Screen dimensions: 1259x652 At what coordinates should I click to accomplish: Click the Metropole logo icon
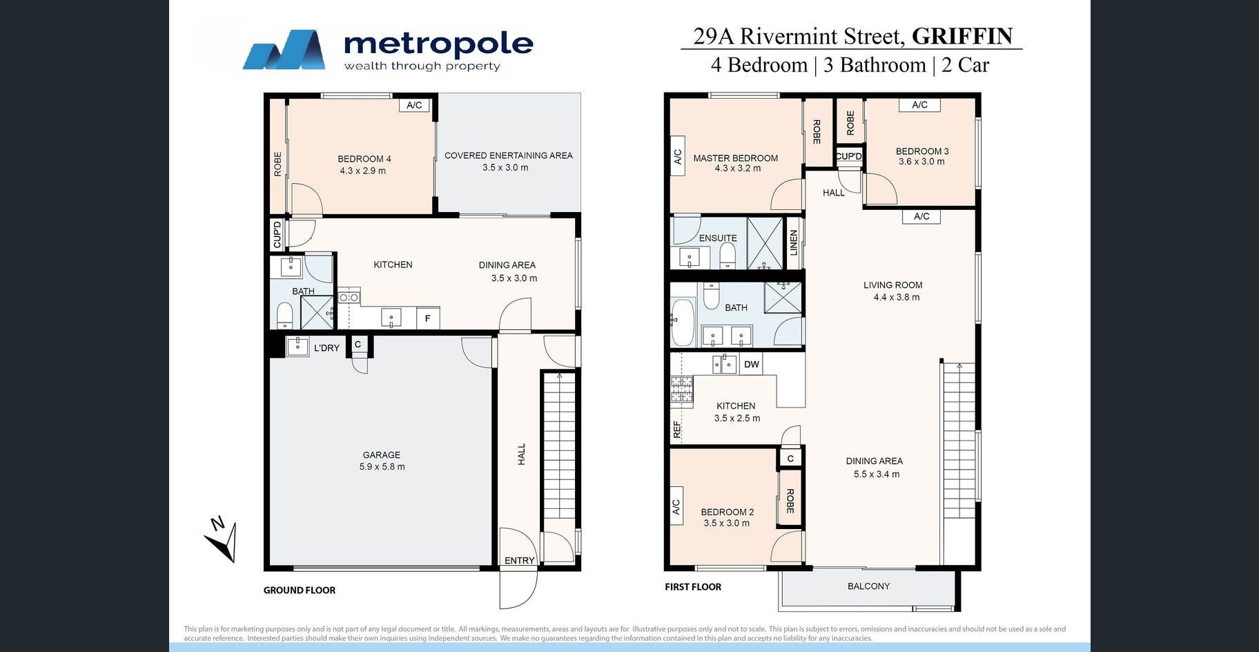coord(284,50)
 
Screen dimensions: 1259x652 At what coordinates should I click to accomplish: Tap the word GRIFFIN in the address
coord(962,36)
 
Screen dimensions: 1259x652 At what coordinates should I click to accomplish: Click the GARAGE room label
coord(382,454)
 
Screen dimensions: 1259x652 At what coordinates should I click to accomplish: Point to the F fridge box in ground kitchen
coord(428,318)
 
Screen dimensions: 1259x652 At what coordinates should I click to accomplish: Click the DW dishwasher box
coord(752,364)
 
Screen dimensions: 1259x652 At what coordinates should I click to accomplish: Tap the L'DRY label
coord(326,348)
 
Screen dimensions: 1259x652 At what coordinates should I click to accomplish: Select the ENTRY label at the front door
coord(519,560)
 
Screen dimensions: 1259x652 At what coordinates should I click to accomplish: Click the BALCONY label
coord(868,586)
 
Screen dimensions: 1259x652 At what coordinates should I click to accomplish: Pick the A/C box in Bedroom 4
coord(414,105)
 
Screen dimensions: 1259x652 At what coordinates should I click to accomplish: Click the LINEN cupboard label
coord(794,242)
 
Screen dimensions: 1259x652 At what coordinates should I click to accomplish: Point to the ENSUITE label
coord(718,238)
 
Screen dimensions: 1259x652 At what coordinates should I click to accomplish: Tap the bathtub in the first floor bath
coord(683,322)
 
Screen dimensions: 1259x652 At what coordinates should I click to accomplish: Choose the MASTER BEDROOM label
coord(736,158)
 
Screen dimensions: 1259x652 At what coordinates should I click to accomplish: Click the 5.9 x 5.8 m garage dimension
coord(382,467)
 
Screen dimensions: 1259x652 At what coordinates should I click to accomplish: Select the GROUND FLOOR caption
coord(300,590)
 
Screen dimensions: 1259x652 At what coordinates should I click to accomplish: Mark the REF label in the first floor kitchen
coord(677,430)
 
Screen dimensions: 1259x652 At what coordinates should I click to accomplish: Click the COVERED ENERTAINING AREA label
coord(509,155)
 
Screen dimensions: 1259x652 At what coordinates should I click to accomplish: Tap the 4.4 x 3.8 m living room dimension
coord(896,297)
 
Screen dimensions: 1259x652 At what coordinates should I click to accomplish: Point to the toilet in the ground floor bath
coord(285,316)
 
